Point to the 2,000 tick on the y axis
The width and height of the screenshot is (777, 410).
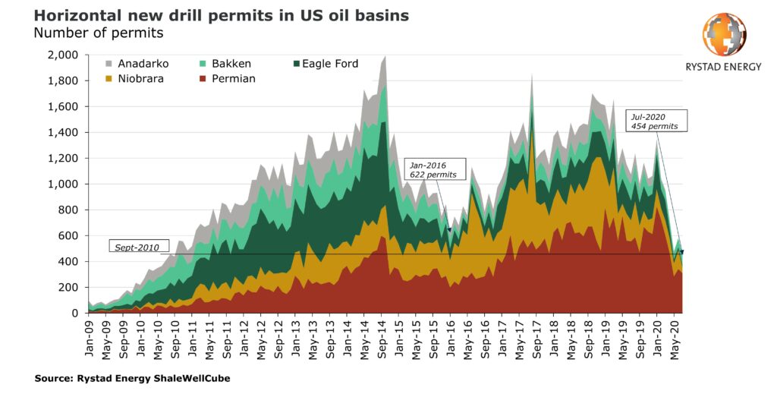[61, 55]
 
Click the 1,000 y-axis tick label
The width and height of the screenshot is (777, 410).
[61, 184]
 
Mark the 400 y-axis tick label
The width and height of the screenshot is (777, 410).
[67, 261]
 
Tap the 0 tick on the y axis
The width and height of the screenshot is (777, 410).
[74, 313]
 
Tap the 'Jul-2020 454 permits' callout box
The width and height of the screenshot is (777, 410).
[656, 121]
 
